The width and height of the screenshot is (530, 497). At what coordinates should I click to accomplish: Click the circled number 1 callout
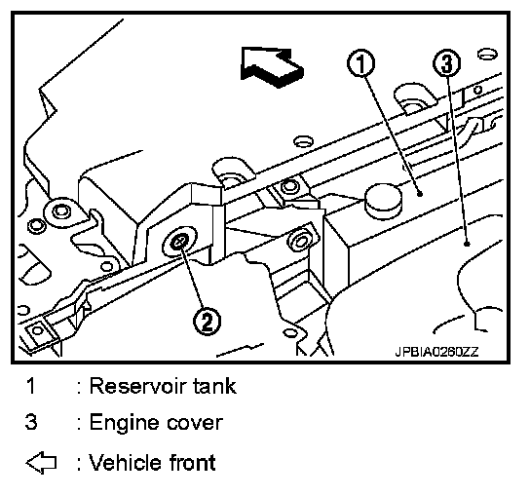tap(361, 63)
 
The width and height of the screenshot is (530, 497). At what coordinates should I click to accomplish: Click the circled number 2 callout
tap(207, 321)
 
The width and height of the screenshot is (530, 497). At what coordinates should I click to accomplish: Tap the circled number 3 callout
tap(447, 63)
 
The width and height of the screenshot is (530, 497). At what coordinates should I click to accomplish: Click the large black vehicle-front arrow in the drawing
tap(272, 66)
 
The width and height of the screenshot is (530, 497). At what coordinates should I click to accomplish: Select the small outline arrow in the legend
tap(41, 462)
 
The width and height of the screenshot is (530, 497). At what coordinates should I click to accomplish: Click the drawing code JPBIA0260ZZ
tap(436, 352)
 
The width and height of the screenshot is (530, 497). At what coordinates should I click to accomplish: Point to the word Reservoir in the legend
tap(138, 386)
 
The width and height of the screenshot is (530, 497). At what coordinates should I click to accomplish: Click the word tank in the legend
tap(214, 386)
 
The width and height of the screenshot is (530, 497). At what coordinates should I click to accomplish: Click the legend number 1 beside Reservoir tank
tap(31, 386)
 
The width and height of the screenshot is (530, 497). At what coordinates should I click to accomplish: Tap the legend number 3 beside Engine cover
tap(31, 422)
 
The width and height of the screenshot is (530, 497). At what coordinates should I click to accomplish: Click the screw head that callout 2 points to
tap(179, 242)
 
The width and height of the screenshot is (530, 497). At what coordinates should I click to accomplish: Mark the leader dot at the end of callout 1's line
tap(420, 194)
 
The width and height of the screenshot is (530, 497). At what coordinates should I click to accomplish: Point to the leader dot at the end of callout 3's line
tap(467, 244)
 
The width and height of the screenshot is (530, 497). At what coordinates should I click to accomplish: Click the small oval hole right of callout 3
tap(487, 55)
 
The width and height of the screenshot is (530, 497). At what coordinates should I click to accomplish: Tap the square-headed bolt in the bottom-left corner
tap(37, 330)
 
